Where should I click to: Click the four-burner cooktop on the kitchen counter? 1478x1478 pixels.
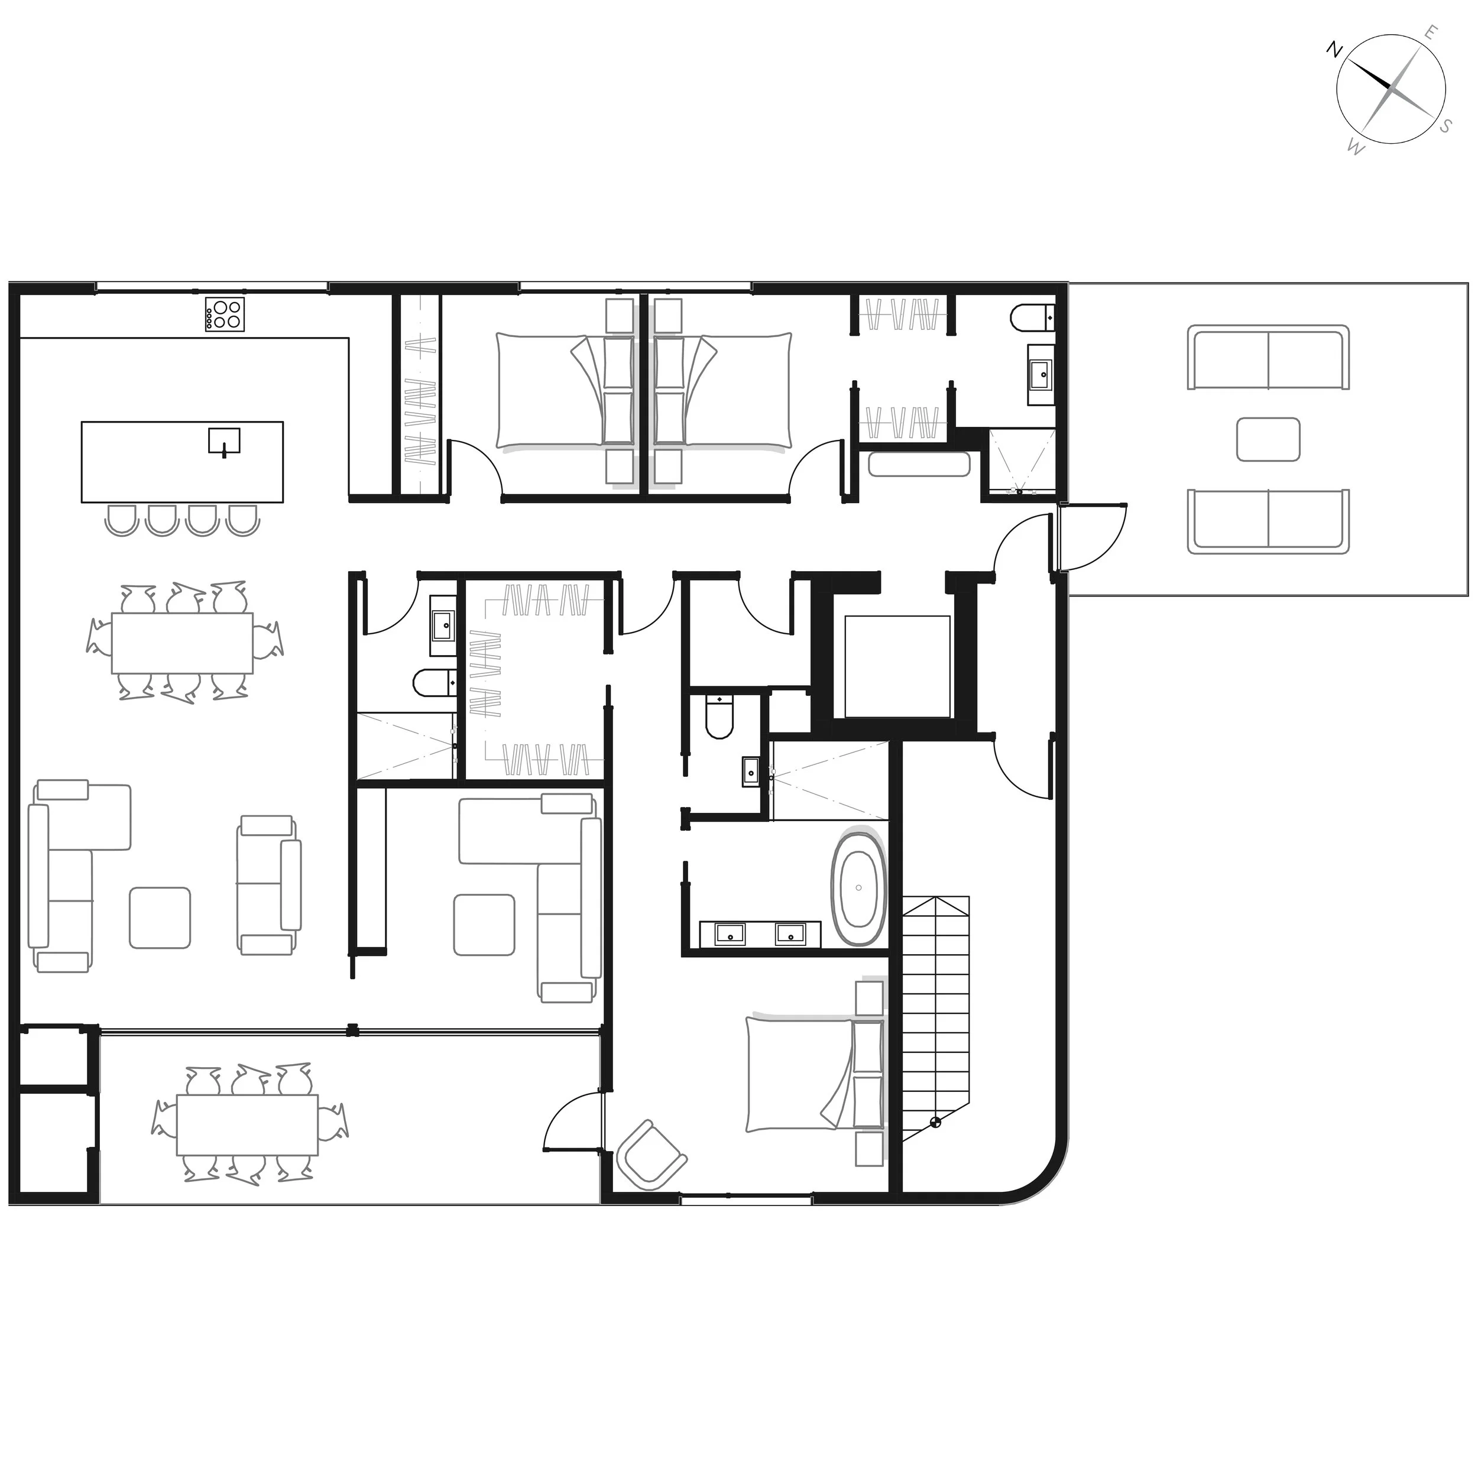click(x=225, y=315)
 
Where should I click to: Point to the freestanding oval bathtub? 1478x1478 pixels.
click(x=859, y=888)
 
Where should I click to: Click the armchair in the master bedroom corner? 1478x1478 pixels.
click(x=651, y=1155)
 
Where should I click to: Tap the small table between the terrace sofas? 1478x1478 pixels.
click(x=1268, y=439)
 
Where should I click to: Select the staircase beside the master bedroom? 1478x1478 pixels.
click(x=936, y=1018)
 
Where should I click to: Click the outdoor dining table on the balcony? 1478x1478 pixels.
click(x=247, y=1125)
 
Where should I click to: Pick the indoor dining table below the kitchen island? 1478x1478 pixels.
click(x=182, y=643)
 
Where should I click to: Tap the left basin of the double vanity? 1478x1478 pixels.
click(x=731, y=934)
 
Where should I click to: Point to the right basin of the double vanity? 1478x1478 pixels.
click(x=790, y=934)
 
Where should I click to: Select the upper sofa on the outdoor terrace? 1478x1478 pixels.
click(x=1268, y=357)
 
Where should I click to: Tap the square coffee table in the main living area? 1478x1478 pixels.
click(x=160, y=918)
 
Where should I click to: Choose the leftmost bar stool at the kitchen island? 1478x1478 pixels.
click(x=120, y=520)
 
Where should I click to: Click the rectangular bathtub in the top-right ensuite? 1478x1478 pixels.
click(x=919, y=464)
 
